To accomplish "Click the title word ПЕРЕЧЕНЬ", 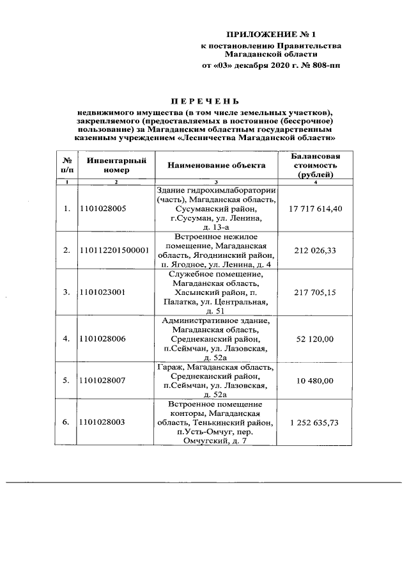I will tap(204, 101).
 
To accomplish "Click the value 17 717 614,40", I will tap(315, 209).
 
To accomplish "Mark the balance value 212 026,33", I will tap(315, 250).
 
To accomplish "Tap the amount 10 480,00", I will tap(315, 381).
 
